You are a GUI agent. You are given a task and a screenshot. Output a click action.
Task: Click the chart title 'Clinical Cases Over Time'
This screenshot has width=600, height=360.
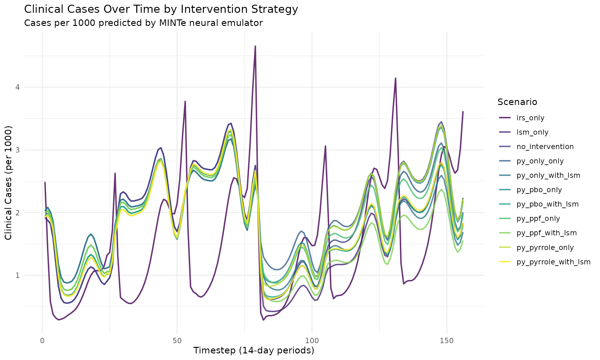point(161,9)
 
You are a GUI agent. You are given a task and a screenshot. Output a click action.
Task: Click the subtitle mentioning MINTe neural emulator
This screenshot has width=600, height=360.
point(143,23)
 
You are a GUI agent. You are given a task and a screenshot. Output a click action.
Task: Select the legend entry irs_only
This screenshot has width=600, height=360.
point(530,118)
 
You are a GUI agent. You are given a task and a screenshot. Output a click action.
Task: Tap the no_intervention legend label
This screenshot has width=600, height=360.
point(545,147)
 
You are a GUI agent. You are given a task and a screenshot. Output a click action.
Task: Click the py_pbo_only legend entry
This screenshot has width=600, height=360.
point(539,190)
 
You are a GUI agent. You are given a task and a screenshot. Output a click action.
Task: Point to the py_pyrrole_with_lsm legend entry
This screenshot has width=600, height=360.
point(553,262)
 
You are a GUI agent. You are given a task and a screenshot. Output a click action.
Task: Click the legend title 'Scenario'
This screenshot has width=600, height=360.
point(517,102)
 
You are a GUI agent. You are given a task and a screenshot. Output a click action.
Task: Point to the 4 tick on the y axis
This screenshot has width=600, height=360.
point(17,87)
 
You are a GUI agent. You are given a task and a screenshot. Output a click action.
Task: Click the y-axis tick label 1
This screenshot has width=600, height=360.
point(17,275)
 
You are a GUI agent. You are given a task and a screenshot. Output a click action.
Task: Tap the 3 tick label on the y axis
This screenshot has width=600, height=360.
point(17,150)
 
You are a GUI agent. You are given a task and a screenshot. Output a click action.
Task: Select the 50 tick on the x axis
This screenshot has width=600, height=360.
point(177,340)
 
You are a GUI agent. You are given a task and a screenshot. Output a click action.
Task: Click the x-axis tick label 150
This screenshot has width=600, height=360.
point(447,340)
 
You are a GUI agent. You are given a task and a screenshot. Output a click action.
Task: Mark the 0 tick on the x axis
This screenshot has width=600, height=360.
point(42,340)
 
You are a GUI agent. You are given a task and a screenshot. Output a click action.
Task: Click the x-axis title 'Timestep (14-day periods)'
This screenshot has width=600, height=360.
point(253,351)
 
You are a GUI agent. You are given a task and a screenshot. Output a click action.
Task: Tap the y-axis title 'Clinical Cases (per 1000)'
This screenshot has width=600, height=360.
point(8,183)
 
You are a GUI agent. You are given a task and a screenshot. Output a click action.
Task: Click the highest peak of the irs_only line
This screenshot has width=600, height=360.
point(255,46)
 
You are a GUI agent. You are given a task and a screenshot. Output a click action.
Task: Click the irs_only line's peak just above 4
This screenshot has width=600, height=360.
point(395,78)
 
